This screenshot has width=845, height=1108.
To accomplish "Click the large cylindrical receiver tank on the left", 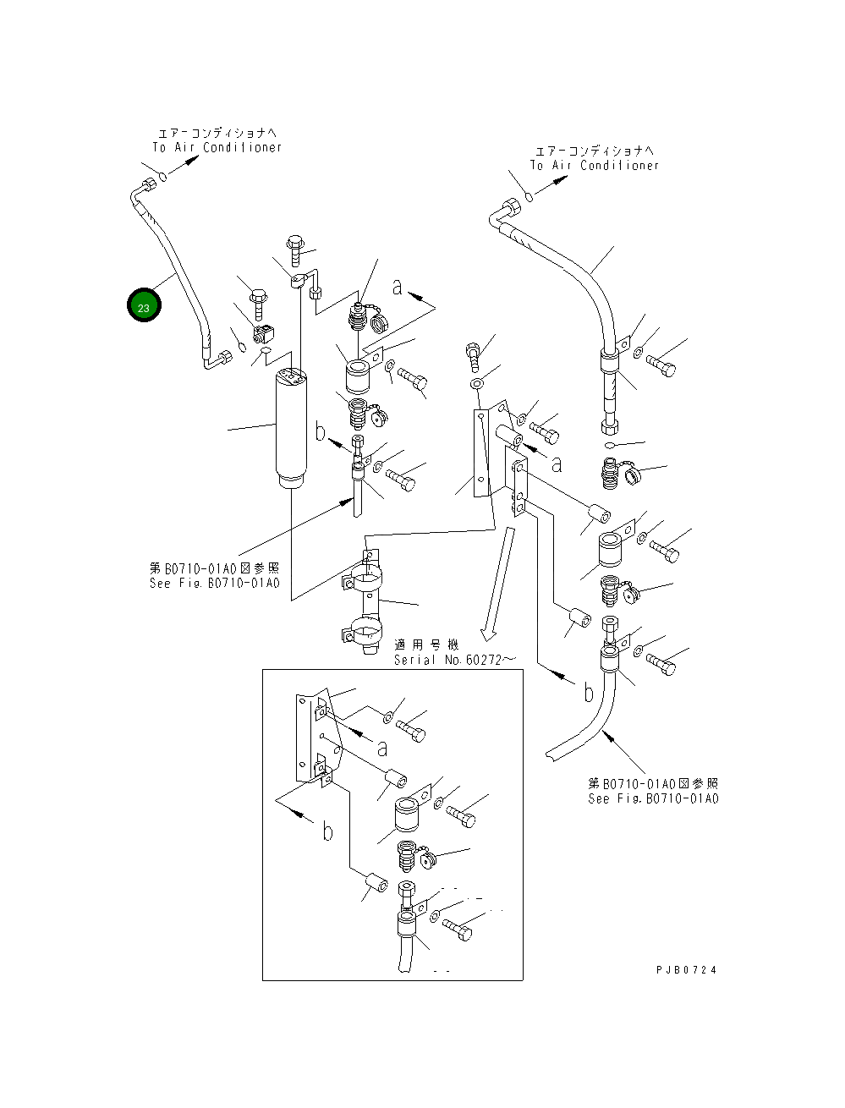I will pos(289,427).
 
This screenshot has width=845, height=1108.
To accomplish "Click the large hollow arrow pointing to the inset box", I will pos(497,584).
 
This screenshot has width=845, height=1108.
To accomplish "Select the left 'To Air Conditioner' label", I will pos(217,147).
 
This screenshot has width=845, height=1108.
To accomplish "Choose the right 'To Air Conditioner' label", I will pos(594,165).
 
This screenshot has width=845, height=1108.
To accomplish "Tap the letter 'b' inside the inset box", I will pos(327,832).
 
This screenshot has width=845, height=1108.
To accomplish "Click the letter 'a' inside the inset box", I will pos(381,748).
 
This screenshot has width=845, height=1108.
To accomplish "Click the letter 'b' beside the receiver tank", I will pos(321,432).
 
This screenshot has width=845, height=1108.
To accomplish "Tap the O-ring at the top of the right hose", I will pos(529,196).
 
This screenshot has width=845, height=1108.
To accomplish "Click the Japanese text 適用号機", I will pos(427,645).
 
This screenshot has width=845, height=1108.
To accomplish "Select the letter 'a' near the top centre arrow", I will pos(397,287).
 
